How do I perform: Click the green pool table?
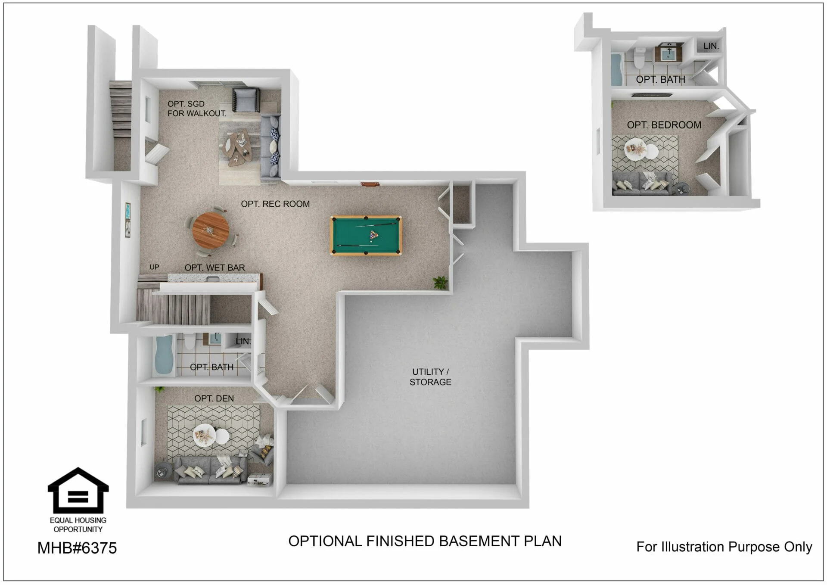[366, 236]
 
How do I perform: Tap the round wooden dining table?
[211, 230]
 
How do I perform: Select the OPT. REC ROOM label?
[275, 204]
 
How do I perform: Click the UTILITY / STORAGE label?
[430, 377]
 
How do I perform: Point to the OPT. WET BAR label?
[215, 268]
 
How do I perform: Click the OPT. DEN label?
[214, 398]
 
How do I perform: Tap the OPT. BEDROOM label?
[664, 125]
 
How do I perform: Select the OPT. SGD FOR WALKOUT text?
[197, 109]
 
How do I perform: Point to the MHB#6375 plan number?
[77, 548]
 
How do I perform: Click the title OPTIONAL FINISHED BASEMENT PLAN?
[425, 541]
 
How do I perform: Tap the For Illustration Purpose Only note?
[724, 547]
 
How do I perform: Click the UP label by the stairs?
[154, 267]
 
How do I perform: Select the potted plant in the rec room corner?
[440, 283]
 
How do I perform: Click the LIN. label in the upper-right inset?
[711, 46]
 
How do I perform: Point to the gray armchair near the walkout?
[246, 100]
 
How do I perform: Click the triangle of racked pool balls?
[374, 235]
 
